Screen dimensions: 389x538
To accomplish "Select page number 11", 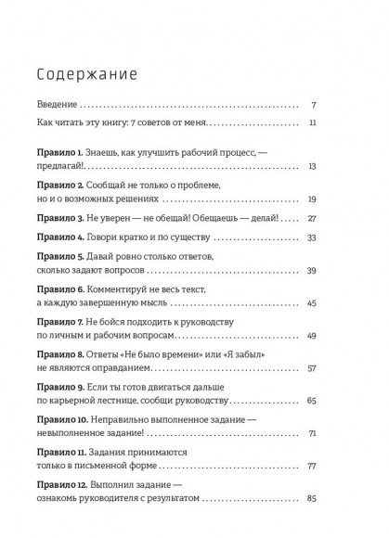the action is (314, 122).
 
